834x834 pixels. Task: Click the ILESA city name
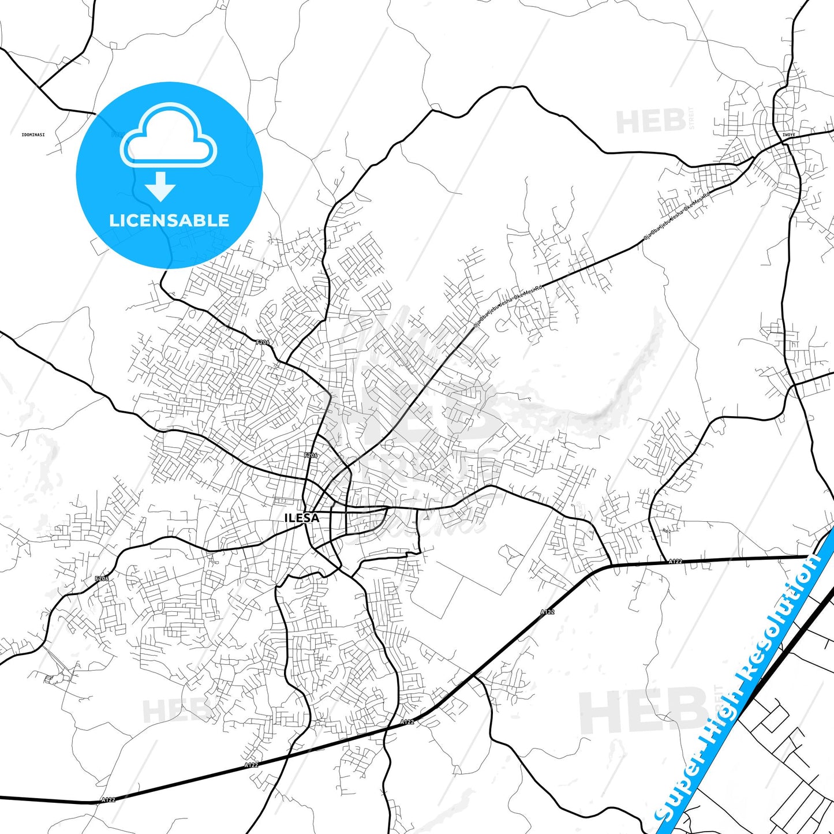[301, 518]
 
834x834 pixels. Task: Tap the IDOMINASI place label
[33, 134]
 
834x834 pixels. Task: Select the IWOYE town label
[788, 135]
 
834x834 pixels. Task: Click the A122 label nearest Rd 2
[675, 561]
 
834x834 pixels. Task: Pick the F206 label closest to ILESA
[311, 455]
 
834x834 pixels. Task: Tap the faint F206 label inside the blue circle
[117, 134]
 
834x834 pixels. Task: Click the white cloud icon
[169, 136]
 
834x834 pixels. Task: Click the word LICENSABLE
[169, 220]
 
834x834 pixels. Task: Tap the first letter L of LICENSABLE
[114, 220]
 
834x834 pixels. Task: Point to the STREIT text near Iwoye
[691, 118]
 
